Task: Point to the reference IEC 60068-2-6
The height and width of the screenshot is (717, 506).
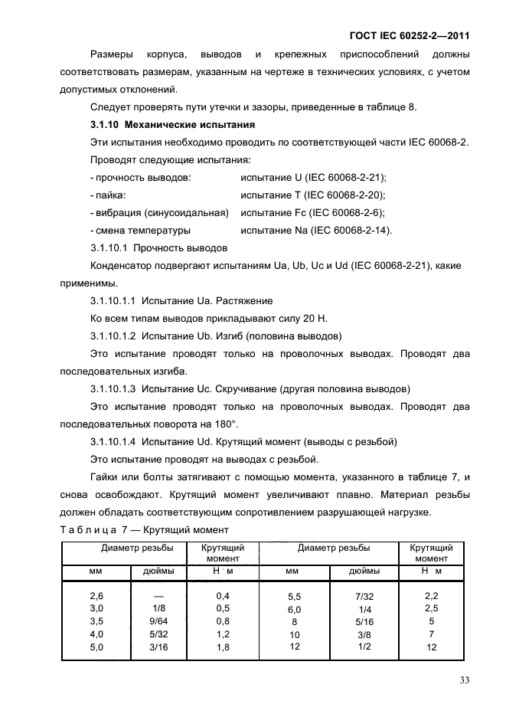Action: tap(345, 212)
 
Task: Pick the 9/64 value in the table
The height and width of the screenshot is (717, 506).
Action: tap(159, 620)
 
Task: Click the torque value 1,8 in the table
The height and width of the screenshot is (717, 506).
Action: tap(223, 647)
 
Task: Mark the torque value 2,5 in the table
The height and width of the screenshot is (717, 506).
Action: tap(432, 607)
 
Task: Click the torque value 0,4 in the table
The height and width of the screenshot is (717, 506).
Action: tap(223, 595)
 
